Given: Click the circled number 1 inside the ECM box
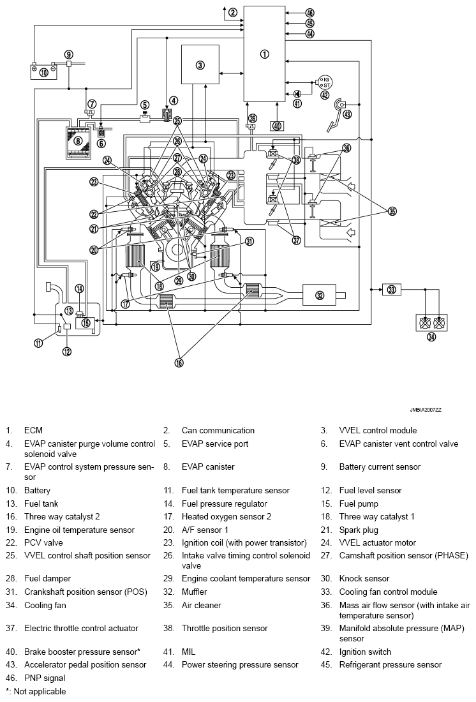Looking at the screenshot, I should pos(265,54).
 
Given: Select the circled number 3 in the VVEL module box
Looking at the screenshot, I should pos(200,64).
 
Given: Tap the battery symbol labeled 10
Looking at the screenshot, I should pos(43,71).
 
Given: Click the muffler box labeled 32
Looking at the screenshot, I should pos(319,294).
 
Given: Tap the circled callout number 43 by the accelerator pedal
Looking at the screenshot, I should pos(347,114).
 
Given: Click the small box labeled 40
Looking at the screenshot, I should pos(277,126).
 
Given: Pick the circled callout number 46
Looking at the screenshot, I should pos(310,13).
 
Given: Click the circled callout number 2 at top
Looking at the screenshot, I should pos(233,12).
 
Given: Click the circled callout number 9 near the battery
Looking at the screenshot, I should pos(68,54).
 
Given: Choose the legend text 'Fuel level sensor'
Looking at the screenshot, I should pos(370,490).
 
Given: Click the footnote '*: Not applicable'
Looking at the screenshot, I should pos(35,691).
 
